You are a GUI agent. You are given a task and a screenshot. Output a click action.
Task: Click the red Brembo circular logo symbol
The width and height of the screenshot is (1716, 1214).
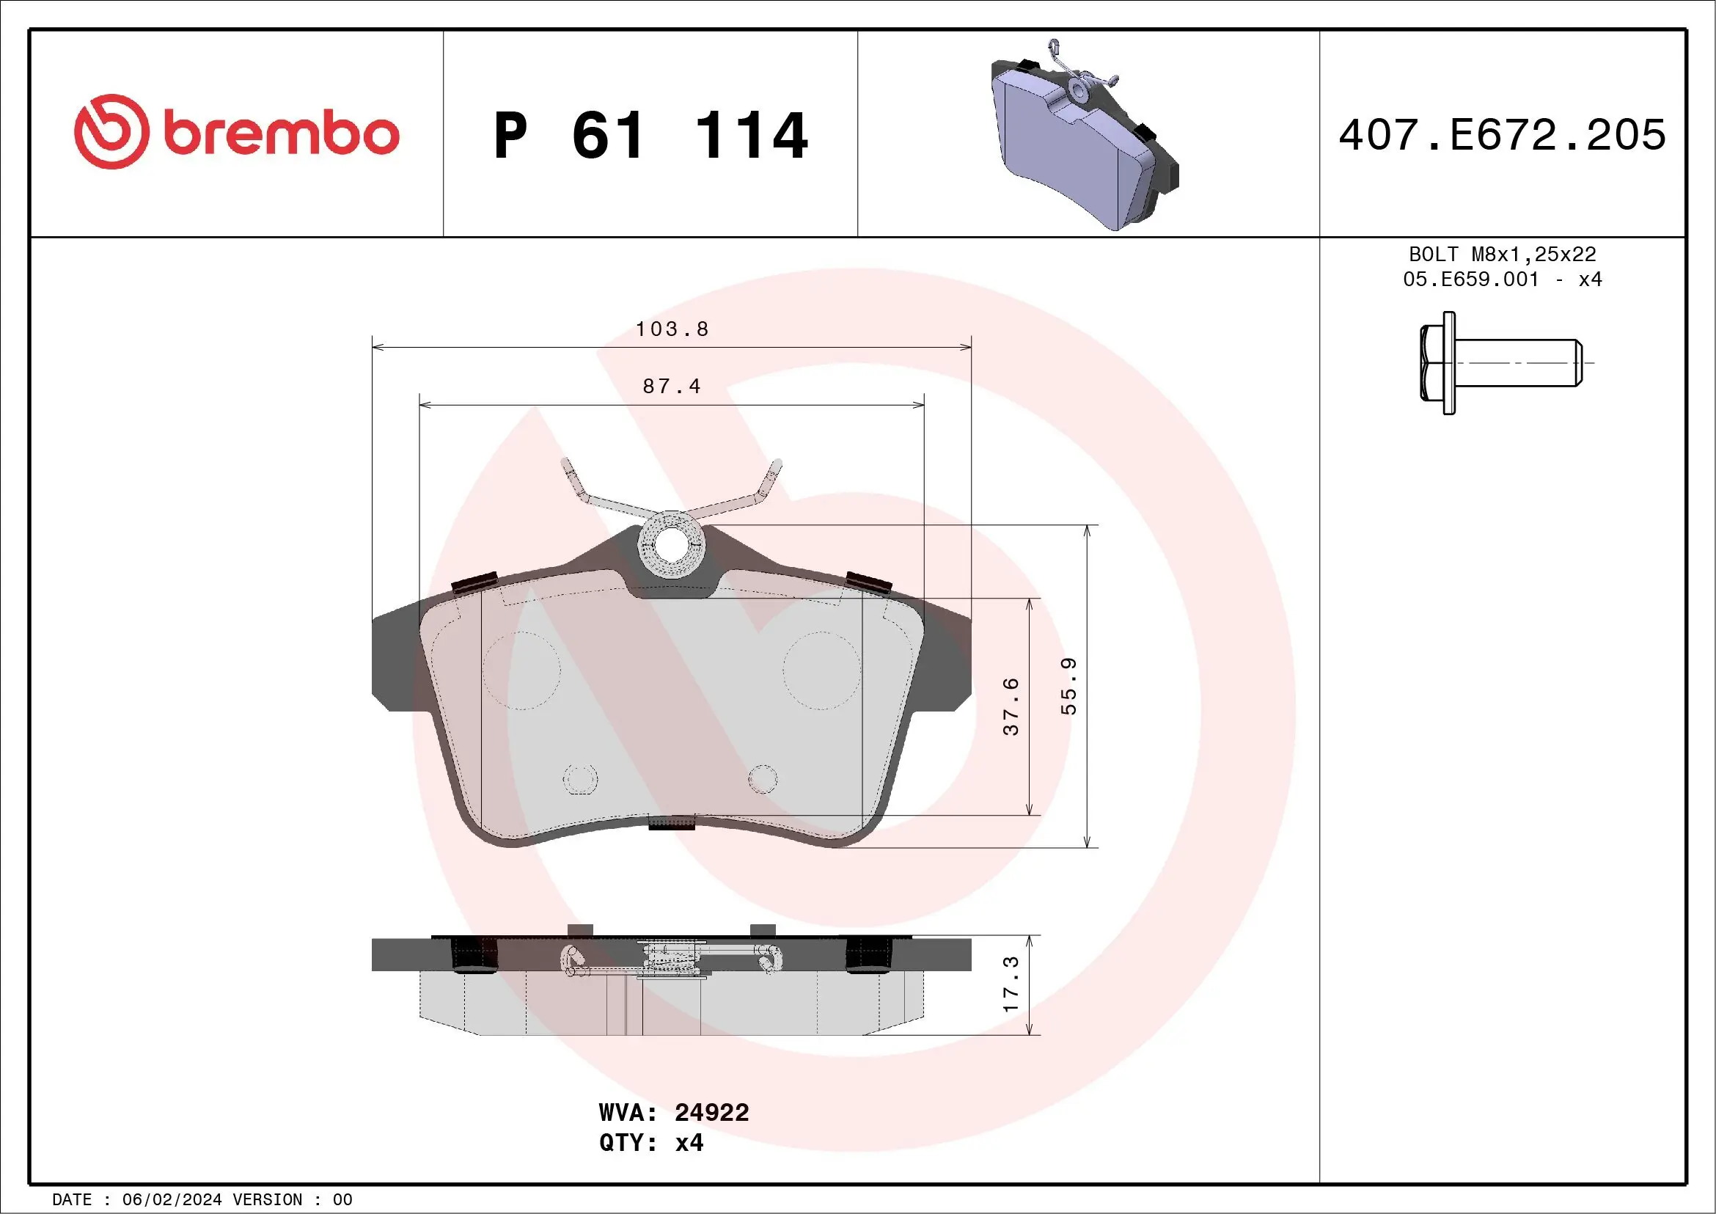111,131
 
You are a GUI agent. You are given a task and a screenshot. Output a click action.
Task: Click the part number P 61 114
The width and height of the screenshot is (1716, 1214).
650,135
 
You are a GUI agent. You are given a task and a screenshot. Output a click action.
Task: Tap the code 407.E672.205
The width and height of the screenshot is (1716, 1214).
1503,135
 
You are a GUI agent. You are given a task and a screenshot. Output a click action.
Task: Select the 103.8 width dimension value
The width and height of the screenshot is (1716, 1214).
671,329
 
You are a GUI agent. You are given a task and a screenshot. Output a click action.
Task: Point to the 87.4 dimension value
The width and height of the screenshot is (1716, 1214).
671,387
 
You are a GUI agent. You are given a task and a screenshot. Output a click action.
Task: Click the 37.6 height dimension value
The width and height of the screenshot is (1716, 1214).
1011,706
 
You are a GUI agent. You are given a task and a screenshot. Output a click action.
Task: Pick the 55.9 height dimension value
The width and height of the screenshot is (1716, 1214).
1068,687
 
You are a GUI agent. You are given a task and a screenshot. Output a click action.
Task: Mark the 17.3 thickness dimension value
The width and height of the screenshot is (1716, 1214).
1011,984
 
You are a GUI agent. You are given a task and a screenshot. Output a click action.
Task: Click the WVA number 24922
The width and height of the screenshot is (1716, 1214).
711,1112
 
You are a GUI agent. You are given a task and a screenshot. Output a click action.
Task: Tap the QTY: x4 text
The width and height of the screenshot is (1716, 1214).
650,1143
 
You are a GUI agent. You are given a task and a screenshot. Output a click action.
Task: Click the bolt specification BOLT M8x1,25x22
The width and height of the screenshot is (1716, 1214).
1503,254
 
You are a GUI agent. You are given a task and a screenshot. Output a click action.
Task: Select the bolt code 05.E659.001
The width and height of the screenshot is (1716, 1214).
1471,279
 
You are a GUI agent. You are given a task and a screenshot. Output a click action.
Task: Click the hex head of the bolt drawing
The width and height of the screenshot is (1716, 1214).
1434,363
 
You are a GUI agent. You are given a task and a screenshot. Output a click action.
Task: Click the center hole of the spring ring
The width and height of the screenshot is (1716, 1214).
671,544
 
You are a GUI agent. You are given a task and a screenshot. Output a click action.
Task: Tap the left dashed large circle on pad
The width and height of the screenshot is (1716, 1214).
521,670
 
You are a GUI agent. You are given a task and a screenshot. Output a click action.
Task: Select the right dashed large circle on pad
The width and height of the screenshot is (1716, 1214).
821,670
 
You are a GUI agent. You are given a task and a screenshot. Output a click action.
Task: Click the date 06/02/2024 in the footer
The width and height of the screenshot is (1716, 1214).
171,1200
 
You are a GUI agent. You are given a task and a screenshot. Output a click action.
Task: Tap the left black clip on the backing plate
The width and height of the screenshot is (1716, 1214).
474,582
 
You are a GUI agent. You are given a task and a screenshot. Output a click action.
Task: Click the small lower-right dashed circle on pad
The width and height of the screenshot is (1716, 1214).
763,779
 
